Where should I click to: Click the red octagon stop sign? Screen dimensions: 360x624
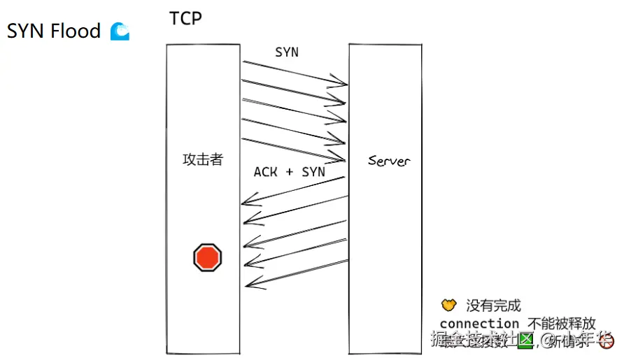(207, 258)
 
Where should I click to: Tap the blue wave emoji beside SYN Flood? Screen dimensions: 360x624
(120, 31)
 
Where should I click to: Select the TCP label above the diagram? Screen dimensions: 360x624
(185, 18)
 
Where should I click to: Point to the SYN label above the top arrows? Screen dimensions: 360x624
(287, 52)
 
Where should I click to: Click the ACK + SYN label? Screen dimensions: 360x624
(289, 172)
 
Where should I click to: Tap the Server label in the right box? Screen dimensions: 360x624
(389, 161)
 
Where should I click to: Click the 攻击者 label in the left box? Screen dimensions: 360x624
(203, 159)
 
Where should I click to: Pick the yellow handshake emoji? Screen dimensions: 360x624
(449, 305)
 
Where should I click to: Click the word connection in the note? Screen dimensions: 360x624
(479, 324)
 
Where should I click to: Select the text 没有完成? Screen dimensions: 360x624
(494, 305)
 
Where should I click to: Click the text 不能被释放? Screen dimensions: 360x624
(562, 324)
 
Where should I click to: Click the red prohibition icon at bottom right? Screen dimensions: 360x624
(607, 342)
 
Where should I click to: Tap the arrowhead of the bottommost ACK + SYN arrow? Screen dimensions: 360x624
(248, 285)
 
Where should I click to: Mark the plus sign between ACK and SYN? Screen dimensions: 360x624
(290, 172)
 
